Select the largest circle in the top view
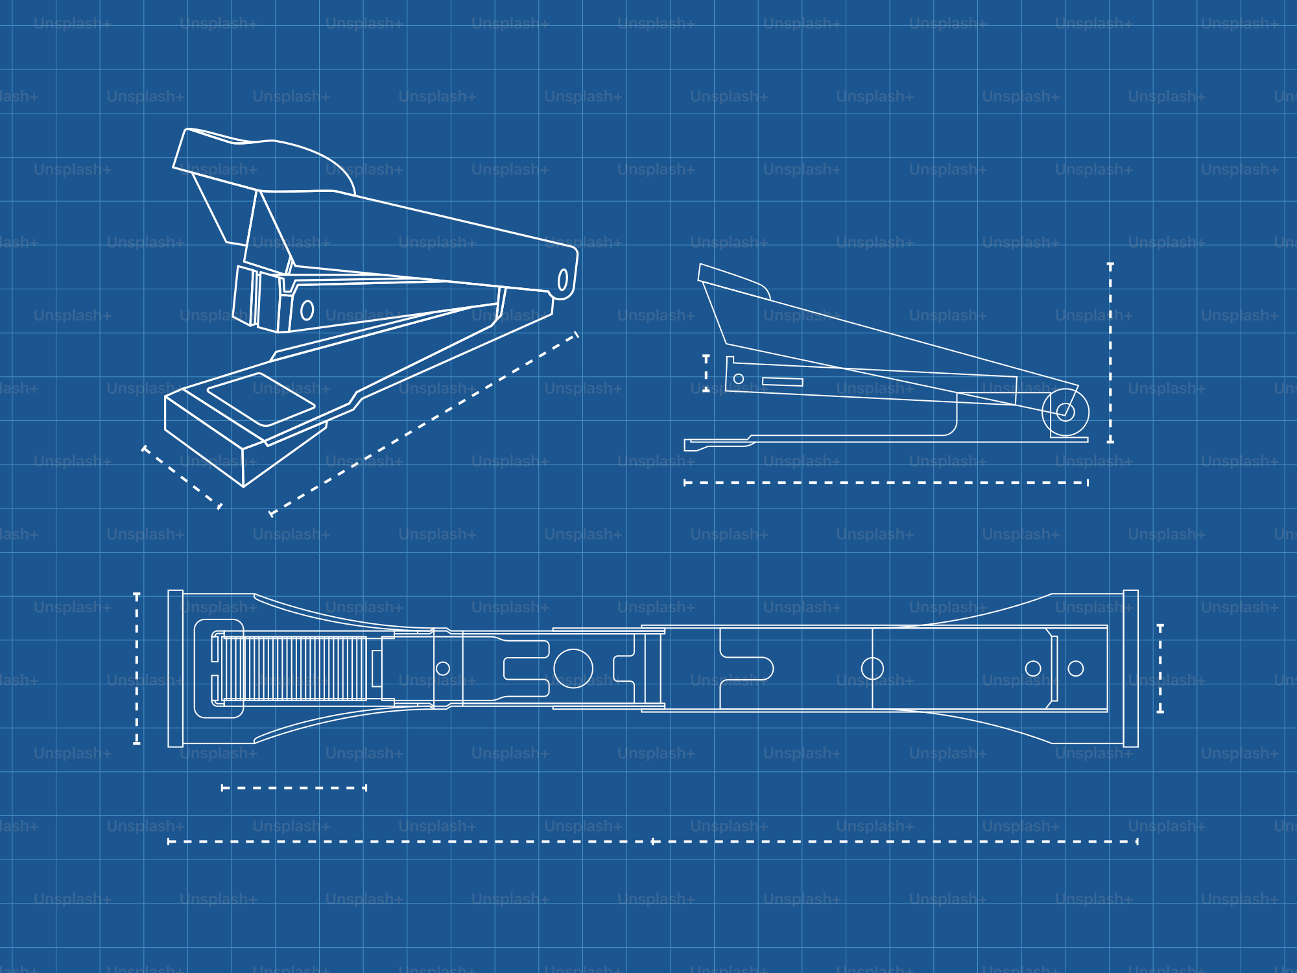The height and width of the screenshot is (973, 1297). point(573,668)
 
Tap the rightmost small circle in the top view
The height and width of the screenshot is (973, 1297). point(1076,668)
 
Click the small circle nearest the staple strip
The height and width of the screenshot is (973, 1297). point(443,668)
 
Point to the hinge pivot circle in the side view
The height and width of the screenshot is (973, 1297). point(1065,412)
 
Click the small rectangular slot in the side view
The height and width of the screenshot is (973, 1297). point(783,381)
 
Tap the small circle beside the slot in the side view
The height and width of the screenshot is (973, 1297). point(739,379)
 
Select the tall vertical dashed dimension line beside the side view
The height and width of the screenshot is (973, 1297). point(1110,353)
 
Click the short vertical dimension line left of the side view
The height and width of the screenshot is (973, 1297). point(706,373)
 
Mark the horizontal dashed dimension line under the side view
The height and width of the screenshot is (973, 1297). point(886,483)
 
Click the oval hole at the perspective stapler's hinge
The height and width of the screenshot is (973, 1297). point(563,280)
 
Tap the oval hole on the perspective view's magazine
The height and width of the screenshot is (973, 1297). point(307,311)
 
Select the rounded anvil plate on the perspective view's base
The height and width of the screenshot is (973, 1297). point(261,400)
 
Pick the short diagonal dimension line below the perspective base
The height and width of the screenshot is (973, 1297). point(182,477)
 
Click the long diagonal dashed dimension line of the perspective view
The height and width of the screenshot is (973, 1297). point(424,424)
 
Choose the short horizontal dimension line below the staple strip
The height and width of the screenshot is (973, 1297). point(294,788)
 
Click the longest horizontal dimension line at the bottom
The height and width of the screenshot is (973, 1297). point(652,842)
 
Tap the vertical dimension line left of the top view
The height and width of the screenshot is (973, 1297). point(137,668)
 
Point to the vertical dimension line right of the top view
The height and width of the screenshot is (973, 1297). point(1160,669)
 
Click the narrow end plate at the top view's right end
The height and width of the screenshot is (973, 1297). point(1131,669)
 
